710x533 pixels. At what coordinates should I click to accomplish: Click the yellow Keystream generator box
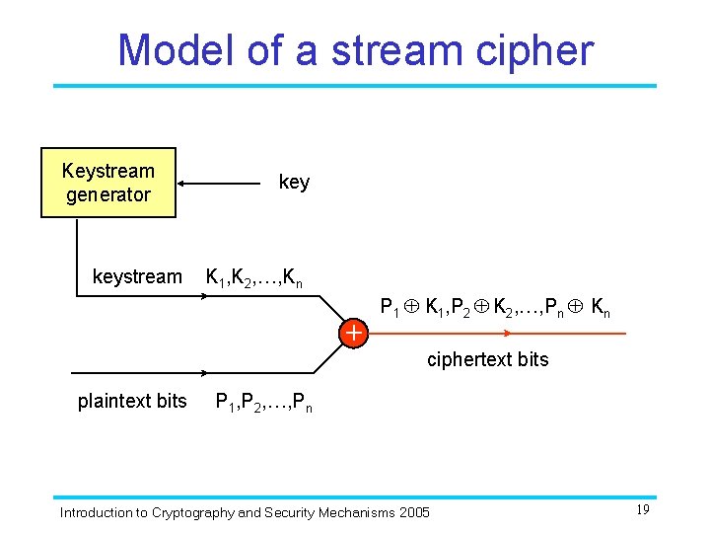click(x=107, y=183)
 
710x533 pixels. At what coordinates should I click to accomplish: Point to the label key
click(x=294, y=183)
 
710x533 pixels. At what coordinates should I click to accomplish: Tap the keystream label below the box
click(x=137, y=277)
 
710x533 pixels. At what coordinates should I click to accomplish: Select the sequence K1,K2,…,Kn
click(x=253, y=278)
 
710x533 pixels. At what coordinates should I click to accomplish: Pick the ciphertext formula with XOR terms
click(x=495, y=307)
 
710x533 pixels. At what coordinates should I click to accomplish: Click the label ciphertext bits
click(x=487, y=360)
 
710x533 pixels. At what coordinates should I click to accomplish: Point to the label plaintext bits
click(x=132, y=401)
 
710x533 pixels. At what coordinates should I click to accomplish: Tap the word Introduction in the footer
click(x=95, y=512)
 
